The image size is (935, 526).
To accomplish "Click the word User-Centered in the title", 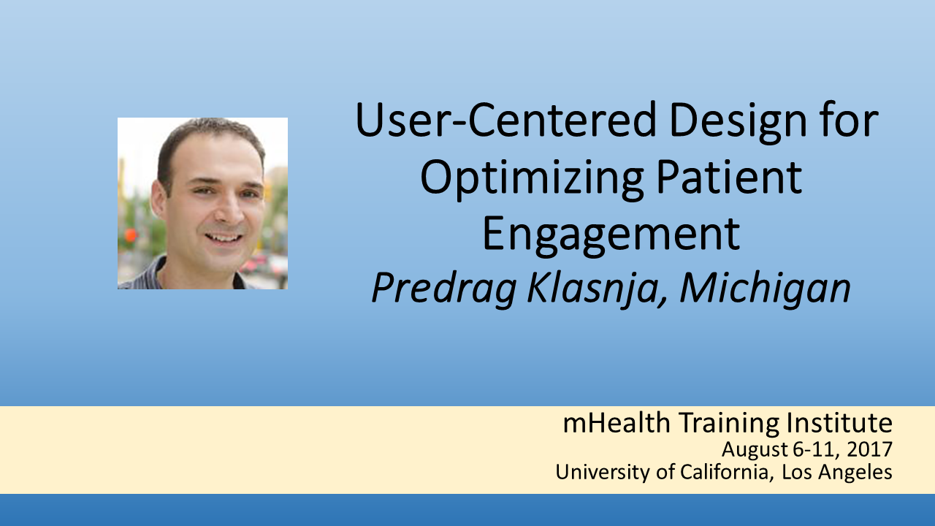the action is (505, 120).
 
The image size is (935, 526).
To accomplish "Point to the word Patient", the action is (729, 177).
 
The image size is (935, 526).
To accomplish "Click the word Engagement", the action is (611, 236).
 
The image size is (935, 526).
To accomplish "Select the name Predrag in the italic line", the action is (444, 289).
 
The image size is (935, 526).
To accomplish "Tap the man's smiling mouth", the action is (224, 237).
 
